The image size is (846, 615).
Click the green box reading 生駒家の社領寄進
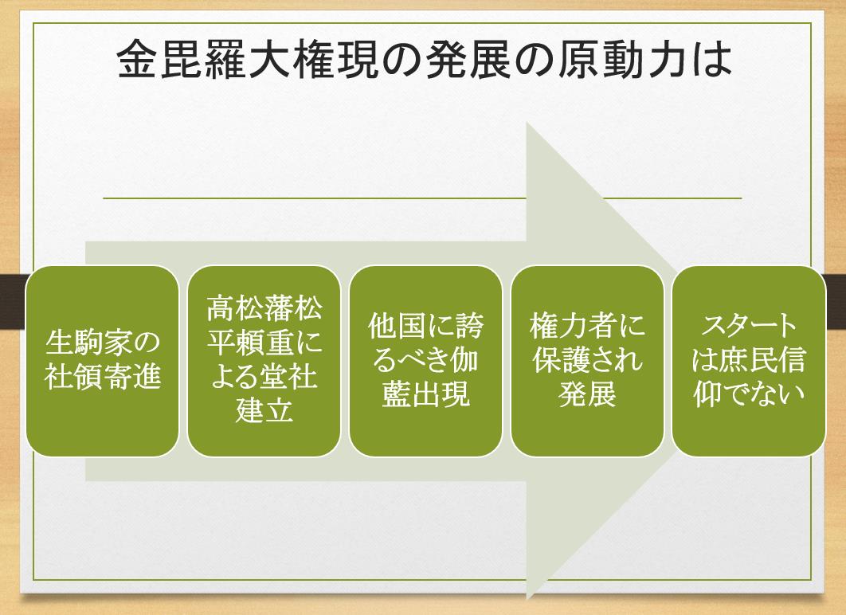[102, 361]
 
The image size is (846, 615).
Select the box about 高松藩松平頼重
[264, 361]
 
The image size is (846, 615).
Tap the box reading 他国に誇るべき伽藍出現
[425, 361]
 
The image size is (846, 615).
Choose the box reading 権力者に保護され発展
[587, 361]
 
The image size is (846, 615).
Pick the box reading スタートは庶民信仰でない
[748, 361]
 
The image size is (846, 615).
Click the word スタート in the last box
[748, 327]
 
